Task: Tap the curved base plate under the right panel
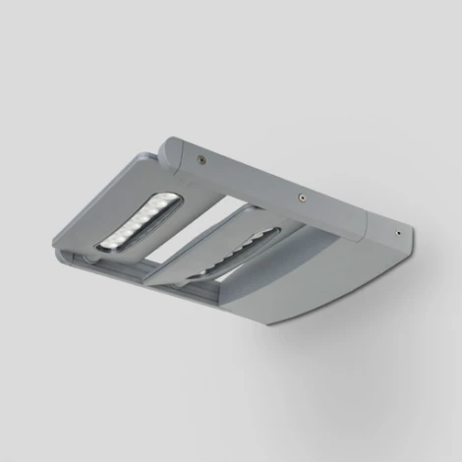[x=295, y=295]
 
